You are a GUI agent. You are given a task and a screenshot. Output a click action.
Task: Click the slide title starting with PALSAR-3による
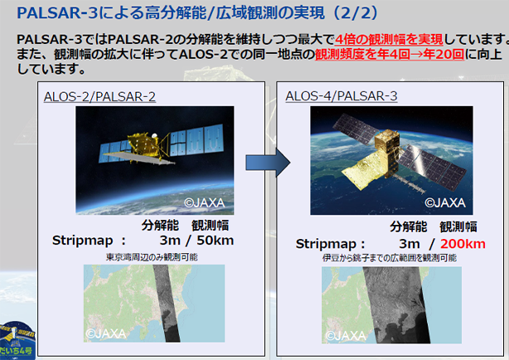click(197, 13)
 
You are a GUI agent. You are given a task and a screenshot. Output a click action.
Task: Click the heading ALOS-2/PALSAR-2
click(99, 96)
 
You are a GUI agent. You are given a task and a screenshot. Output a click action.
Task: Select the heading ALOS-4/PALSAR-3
click(342, 96)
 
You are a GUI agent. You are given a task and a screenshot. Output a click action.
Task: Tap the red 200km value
click(463, 244)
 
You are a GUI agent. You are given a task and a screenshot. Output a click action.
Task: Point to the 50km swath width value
click(216, 241)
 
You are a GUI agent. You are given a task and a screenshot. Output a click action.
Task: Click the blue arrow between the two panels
click(268, 163)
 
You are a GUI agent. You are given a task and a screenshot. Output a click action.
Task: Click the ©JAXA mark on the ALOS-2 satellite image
click(205, 202)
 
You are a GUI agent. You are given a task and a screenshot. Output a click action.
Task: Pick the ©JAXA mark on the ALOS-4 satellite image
click(445, 202)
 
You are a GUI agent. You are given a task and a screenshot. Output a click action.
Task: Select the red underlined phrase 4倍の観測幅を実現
click(389, 39)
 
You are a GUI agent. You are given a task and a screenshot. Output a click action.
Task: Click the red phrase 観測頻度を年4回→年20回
click(390, 54)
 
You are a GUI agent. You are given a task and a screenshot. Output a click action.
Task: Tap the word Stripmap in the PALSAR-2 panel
click(82, 241)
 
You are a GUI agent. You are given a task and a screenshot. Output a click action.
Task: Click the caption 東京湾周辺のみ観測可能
click(152, 257)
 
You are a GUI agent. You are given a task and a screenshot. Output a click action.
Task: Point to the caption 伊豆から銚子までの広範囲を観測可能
click(390, 258)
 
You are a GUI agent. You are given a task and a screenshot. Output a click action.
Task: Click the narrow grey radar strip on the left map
click(166, 303)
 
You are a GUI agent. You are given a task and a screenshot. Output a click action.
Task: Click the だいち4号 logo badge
click(17, 340)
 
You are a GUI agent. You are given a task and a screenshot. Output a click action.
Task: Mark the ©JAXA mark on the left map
click(106, 333)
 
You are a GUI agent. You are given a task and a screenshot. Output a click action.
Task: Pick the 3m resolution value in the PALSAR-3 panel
click(410, 244)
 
